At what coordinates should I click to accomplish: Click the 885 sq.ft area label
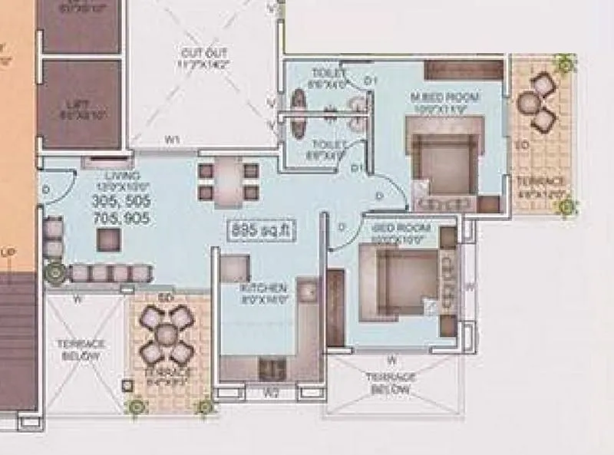pos(262,229)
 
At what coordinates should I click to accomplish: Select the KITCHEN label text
pos(263,288)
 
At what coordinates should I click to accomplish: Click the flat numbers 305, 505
pos(121,203)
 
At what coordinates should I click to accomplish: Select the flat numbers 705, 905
pos(121,219)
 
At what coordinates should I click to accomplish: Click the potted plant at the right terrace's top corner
pos(566,64)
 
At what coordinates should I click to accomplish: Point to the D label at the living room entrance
pos(47,189)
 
